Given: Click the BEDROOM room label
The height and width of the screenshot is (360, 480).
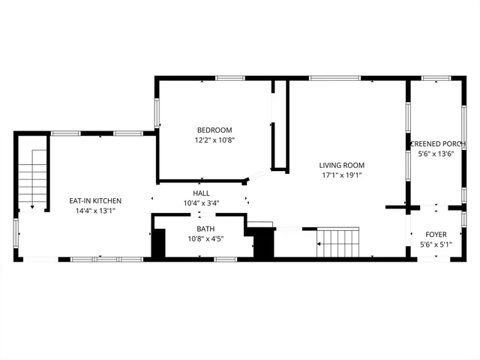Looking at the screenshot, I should (x=214, y=129).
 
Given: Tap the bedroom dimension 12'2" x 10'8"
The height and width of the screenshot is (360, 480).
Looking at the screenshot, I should (x=214, y=139).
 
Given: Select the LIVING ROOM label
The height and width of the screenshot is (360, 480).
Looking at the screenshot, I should (x=341, y=165).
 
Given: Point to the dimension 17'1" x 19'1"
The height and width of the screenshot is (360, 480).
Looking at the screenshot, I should (x=341, y=175).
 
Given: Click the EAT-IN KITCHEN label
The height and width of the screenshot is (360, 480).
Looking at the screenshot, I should (x=95, y=200).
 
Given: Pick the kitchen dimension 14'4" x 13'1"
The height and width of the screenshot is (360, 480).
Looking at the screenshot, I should (x=95, y=211).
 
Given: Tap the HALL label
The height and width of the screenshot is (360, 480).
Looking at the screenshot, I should (x=202, y=193).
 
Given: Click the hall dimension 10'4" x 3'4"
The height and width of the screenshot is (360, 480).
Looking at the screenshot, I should (x=202, y=203).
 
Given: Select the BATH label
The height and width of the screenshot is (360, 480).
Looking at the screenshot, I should (x=205, y=229).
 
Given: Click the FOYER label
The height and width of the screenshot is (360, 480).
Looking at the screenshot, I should (x=436, y=234).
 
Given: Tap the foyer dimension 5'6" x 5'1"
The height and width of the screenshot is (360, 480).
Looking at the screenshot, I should (x=436, y=244).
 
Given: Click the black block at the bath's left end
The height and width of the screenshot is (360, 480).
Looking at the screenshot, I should (x=158, y=244).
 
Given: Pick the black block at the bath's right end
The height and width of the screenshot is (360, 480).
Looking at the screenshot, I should (x=262, y=242).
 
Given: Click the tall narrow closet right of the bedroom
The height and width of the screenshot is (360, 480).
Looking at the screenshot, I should (x=280, y=127).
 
